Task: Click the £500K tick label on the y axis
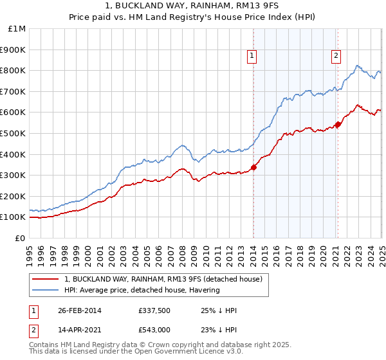[x=14, y=133]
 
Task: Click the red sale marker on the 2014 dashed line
[x=253, y=167]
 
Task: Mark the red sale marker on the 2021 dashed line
[x=338, y=124]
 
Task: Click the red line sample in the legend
[x=46, y=280]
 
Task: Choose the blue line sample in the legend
[x=46, y=290]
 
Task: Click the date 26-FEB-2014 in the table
[x=79, y=310]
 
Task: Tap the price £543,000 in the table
[x=154, y=329]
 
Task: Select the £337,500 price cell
[x=154, y=310]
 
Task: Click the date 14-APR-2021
[x=79, y=329]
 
